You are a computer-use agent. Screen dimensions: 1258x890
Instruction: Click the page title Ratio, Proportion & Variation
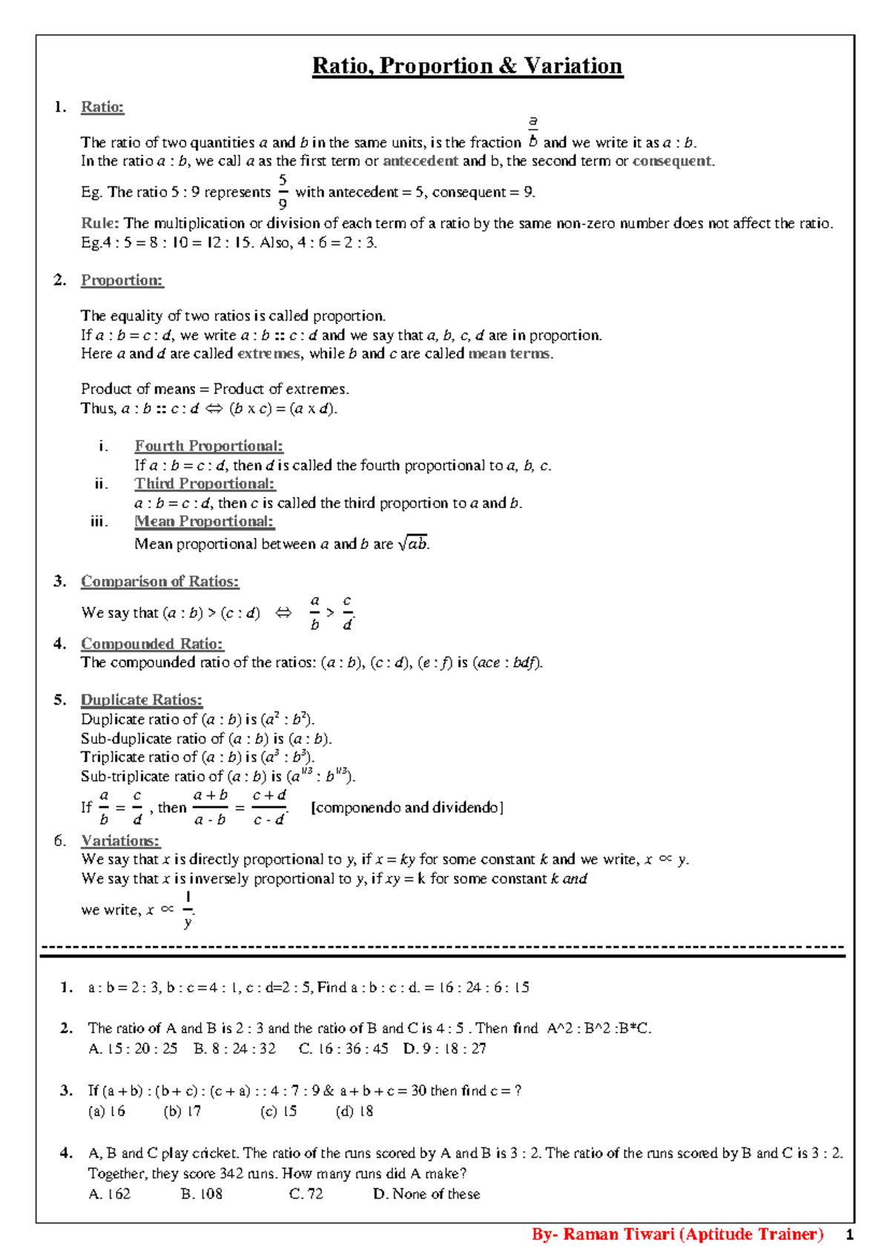tap(467, 66)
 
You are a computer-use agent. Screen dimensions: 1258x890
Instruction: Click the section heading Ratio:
tap(102, 107)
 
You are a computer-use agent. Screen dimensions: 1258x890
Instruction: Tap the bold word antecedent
tap(420, 161)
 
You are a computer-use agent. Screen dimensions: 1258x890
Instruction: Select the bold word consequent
tap(671, 161)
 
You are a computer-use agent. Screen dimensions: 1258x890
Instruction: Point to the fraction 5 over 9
tap(283, 192)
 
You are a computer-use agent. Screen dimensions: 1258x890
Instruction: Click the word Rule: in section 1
tap(99, 223)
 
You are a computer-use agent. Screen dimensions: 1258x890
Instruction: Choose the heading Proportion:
tap(122, 280)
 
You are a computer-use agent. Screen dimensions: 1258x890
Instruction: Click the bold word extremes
tap(268, 354)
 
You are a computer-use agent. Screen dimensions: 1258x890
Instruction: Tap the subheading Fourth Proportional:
tap(208, 446)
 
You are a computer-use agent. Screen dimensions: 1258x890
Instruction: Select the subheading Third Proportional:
tap(204, 484)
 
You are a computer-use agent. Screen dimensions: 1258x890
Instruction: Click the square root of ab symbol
tap(413, 544)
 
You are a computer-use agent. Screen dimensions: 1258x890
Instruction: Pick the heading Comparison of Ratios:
tap(159, 582)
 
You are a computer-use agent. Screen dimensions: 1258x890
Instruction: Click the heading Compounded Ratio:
tap(151, 644)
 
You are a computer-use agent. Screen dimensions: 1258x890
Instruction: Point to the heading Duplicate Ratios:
tap(141, 700)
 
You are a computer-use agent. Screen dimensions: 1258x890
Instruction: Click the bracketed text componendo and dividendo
tap(407, 808)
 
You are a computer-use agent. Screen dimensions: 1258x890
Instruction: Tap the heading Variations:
tap(120, 841)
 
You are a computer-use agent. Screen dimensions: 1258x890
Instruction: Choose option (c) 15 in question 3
tap(279, 1112)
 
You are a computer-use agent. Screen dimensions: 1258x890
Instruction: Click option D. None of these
tap(426, 1194)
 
